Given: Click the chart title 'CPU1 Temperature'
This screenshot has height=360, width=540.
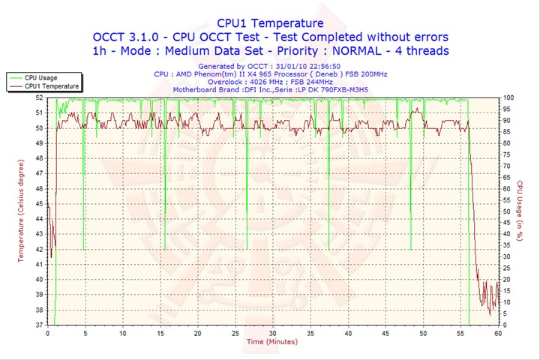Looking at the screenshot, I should pyautogui.click(x=270, y=23).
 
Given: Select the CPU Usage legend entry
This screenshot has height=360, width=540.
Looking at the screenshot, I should pyautogui.click(x=41, y=77).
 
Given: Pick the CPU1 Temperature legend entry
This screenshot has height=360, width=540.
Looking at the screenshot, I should pyautogui.click(x=52, y=86).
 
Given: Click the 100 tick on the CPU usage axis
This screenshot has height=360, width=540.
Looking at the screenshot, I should pyautogui.click(x=508, y=97).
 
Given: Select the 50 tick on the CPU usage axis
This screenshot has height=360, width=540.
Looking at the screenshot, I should pyautogui.click(x=508, y=211).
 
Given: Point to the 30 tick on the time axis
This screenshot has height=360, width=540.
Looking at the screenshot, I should pyautogui.click(x=272, y=334).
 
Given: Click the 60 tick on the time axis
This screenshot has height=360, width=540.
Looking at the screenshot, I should pyautogui.click(x=498, y=334).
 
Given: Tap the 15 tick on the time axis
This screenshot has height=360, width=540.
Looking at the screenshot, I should pyautogui.click(x=160, y=334).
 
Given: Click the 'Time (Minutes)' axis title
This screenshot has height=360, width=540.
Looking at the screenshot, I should pyautogui.click(x=271, y=343).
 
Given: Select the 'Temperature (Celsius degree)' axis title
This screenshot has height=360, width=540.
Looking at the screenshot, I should pyautogui.click(x=21, y=211).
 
